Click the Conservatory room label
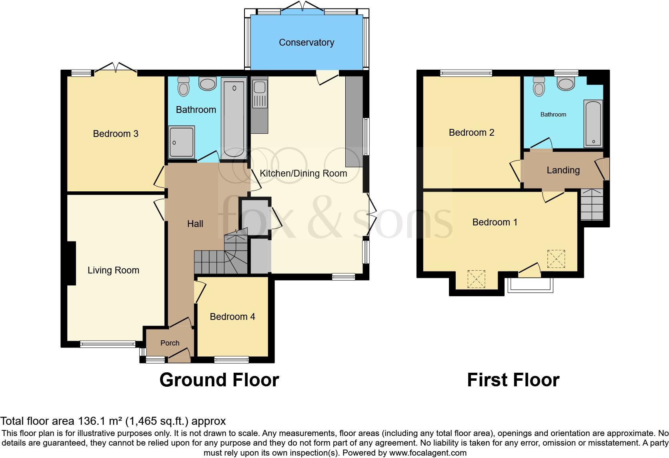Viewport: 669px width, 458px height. click(x=306, y=42)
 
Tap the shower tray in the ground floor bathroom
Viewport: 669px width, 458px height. click(x=181, y=142)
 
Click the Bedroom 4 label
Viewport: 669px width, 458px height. click(x=232, y=317)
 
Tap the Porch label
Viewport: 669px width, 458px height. click(x=170, y=343)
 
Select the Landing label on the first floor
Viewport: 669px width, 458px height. click(x=563, y=170)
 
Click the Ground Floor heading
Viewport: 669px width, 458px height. click(x=219, y=380)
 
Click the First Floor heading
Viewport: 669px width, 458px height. click(x=513, y=380)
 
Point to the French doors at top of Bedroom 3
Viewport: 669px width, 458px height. click(x=115, y=67)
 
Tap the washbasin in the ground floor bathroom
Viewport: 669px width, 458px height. click(x=207, y=84)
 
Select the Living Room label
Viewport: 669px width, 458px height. click(x=113, y=270)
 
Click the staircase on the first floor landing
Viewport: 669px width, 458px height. click(x=592, y=205)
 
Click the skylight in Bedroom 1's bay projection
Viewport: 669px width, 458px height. click(x=476, y=279)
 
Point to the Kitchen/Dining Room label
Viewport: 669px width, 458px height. click(x=303, y=173)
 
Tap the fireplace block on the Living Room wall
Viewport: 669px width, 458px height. click(x=71, y=263)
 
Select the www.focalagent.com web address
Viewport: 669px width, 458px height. click(x=428, y=453)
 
